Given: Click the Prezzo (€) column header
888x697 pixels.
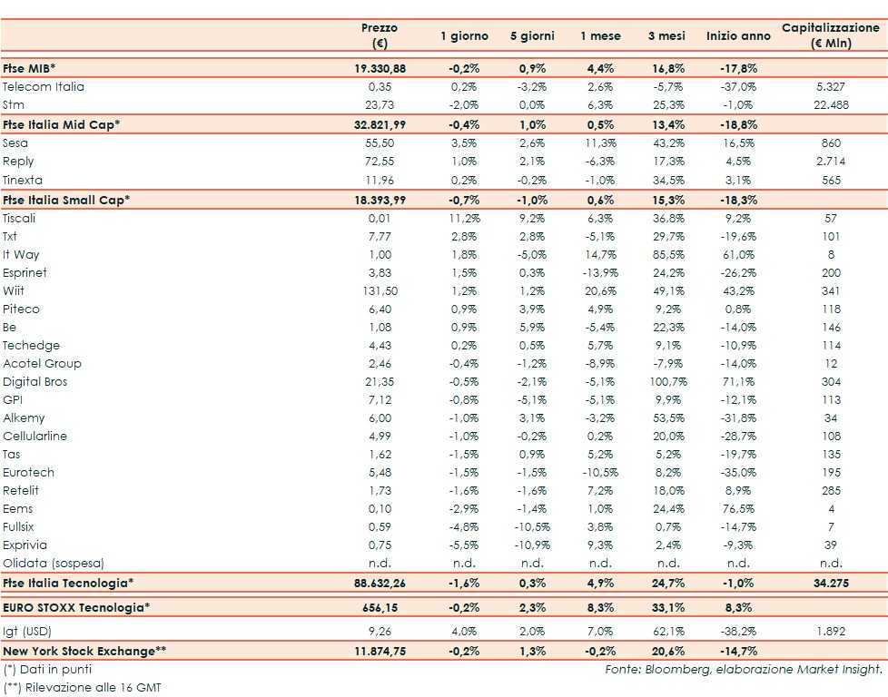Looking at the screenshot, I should pyautogui.click(x=379, y=36).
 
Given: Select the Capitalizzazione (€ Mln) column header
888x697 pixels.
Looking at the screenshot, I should pyautogui.click(x=830, y=36).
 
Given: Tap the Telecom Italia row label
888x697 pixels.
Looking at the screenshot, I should pyautogui.click(x=44, y=87).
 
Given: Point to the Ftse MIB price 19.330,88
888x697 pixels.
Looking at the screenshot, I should pyautogui.click(x=379, y=69).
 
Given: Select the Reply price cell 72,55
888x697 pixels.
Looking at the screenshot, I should pyautogui.click(x=379, y=162).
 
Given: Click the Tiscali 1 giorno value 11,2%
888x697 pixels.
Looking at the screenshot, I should pyautogui.click(x=464, y=219).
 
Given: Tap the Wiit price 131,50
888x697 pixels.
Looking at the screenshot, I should pyautogui.click(x=379, y=291).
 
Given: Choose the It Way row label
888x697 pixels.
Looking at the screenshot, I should pyautogui.click(x=21, y=255).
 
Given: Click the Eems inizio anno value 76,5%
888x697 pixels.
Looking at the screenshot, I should pyautogui.click(x=738, y=509).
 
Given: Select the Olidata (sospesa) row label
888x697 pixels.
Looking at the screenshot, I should pyautogui.click(x=54, y=564).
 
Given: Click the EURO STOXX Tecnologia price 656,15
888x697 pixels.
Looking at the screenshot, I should pyautogui.click(x=379, y=605).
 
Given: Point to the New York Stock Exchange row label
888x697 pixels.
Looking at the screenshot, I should pyautogui.click(x=85, y=651).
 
